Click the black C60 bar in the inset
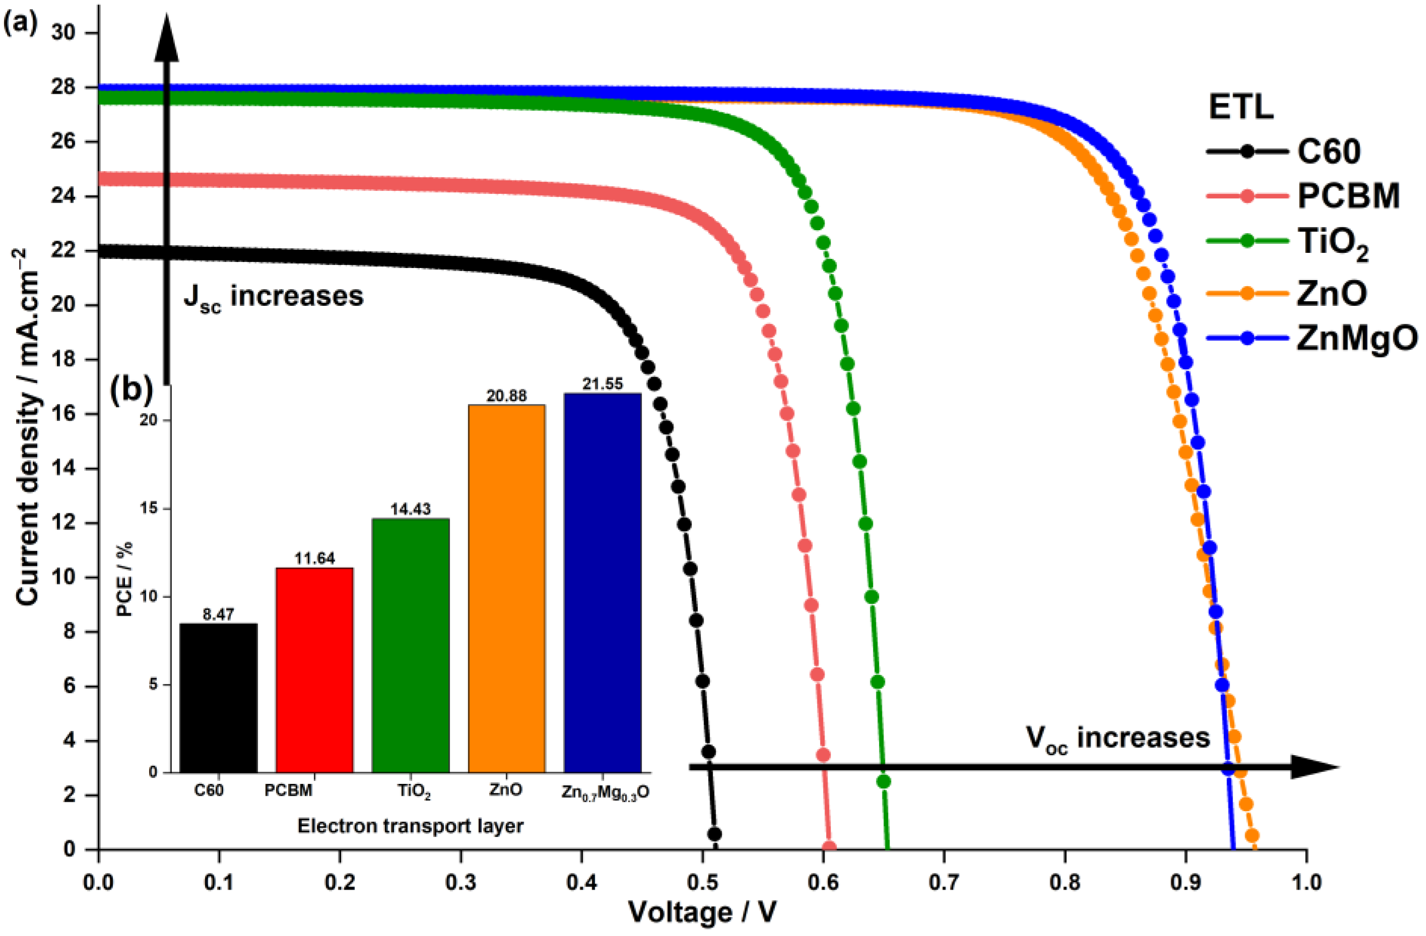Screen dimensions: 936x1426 point(218,698)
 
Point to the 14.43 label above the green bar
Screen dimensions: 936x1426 point(411,509)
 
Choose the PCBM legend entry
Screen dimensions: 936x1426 point(1348,196)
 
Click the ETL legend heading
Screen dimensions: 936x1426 point(1240,108)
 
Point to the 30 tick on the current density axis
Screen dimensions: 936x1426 point(66,32)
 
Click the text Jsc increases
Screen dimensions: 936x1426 point(273,297)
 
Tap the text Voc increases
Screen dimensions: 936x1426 point(1117,738)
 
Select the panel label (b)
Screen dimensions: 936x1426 point(132,390)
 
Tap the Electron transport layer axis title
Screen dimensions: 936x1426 point(411,826)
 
